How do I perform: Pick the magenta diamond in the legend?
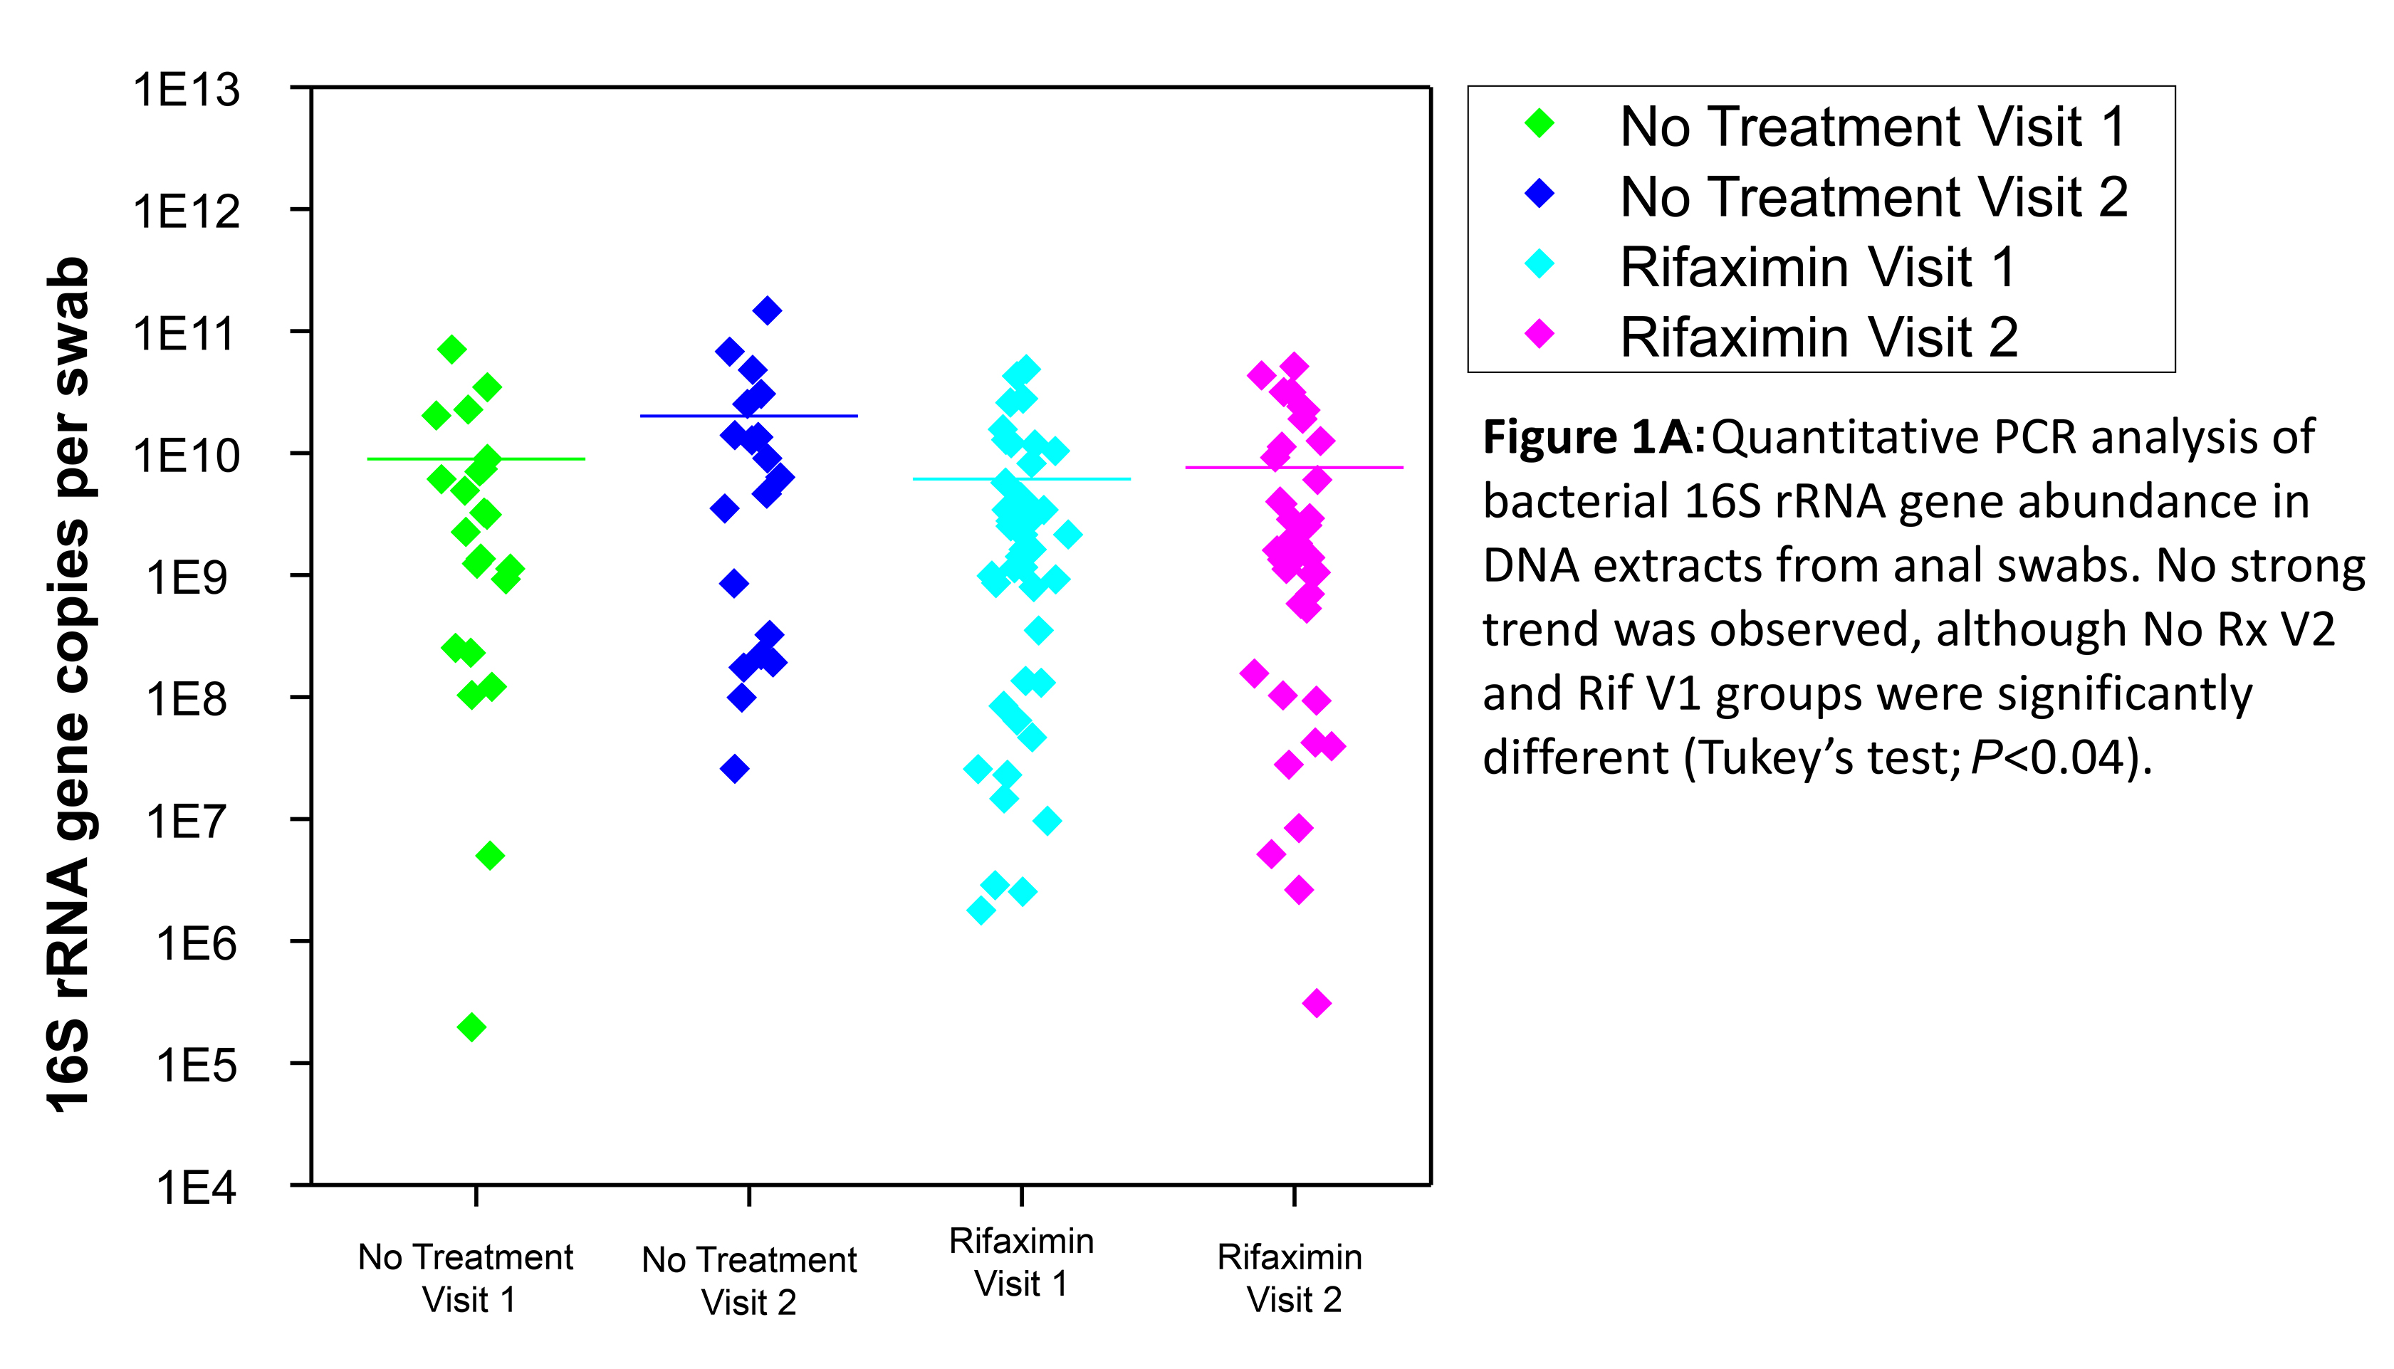tap(1540, 334)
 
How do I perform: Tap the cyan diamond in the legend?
tap(1540, 264)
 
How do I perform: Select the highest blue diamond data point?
tap(768, 310)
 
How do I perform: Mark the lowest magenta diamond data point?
tap(1317, 1003)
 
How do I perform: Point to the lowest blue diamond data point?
tap(734, 769)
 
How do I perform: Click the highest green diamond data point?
tap(452, 350)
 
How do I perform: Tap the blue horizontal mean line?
tap(748, 416)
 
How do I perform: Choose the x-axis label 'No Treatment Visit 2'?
tap(748, 1281)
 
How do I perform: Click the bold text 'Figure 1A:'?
tap(1593, 437)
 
